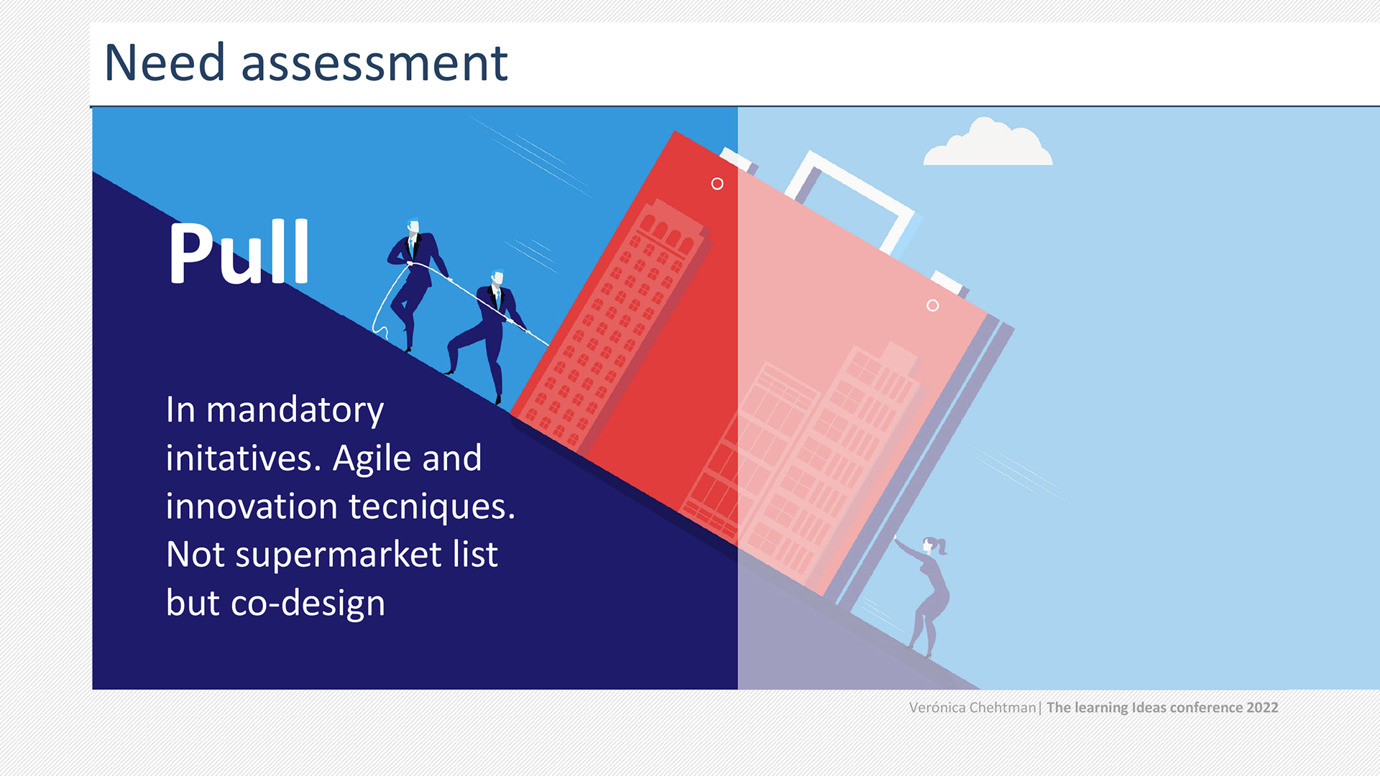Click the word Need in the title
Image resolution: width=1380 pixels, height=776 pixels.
pos(165,63)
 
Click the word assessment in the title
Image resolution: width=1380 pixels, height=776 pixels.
pos(374,64)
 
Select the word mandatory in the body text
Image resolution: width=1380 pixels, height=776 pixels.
pos(295,411)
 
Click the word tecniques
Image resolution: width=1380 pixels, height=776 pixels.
pos(432,507)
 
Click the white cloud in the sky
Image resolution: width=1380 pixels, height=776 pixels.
pos(988,143)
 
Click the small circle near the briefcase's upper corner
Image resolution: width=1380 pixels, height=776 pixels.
pos(717,184)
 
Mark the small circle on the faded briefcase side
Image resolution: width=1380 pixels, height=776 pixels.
pos(932,305)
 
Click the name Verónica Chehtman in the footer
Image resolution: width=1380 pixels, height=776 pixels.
pos(972,708)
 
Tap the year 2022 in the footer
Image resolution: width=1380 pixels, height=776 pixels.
pos(1262,708)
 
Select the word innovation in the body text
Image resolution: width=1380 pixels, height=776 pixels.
pos(252,507)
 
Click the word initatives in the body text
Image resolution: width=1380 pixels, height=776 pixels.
pos(243,458)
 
